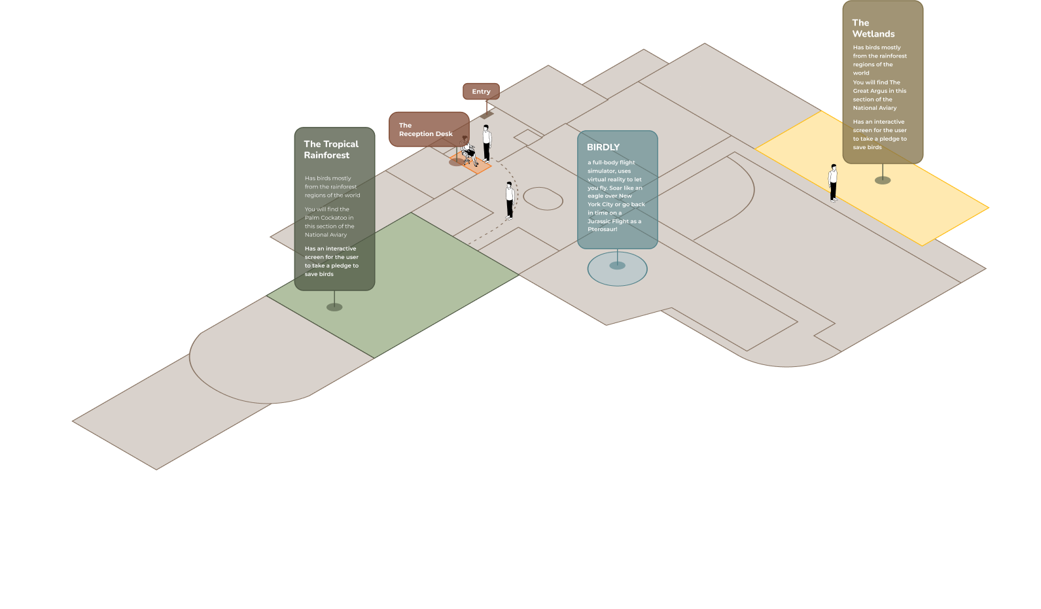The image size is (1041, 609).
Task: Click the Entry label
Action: [481, 92]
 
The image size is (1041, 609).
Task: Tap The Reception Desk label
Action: [425, 130]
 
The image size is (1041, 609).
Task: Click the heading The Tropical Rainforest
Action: [331, 150]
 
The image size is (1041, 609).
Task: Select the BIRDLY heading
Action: [603, 147]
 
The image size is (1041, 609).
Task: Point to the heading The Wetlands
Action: [873, 28]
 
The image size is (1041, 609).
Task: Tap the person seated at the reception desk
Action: [468, 153]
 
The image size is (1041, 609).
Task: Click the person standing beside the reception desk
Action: [486, 142]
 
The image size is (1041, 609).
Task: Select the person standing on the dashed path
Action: [509, 200]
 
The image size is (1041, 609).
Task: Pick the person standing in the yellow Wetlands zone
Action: [833, 183]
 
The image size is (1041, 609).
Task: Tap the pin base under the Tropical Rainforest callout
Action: [334, 307]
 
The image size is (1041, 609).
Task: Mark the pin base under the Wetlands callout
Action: [883, 180]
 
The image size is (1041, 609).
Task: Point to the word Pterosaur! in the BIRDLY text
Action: [602, 230]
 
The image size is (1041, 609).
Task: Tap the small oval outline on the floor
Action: [543, 198]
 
